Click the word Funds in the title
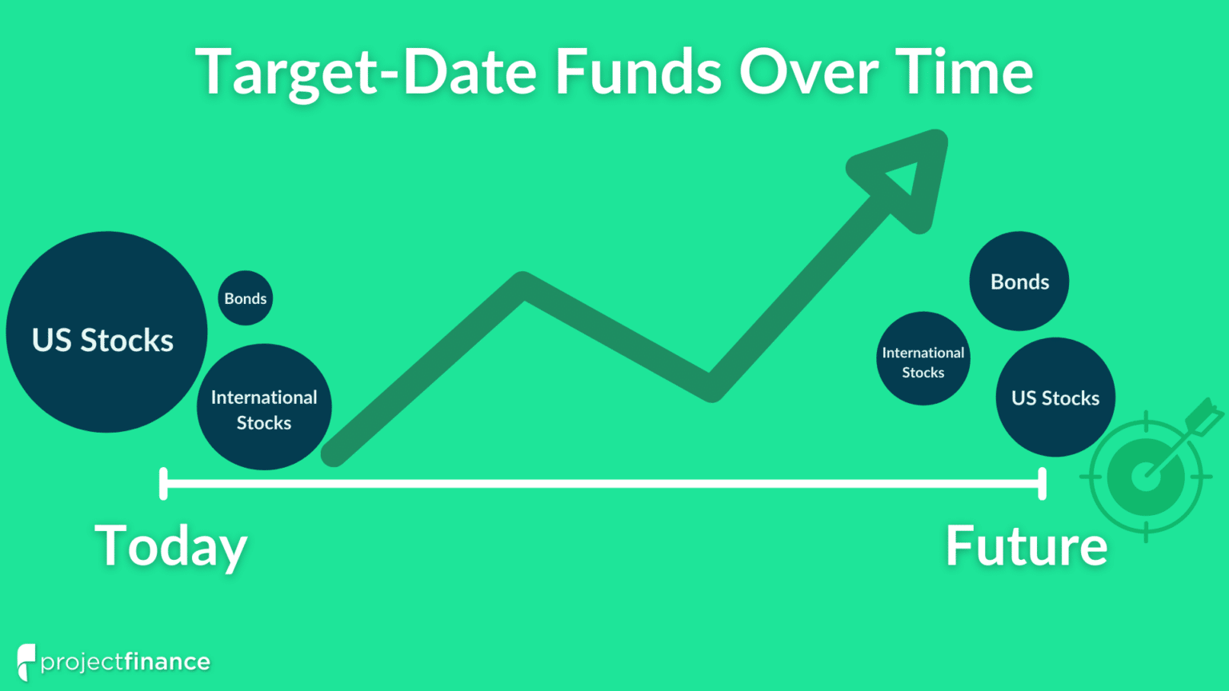click(639, 72)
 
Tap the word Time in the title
click(963, 72)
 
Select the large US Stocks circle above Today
click(106, 333)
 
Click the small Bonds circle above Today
click(246, 298)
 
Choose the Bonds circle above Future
click(1019, 282)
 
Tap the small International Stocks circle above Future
click(923, 359)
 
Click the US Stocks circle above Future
click(1055, 397)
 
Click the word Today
click(170, 547)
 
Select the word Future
click(1027, 547)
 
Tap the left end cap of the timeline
click(163, 484)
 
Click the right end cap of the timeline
click(1042, 484)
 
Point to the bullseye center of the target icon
click(1146, 477)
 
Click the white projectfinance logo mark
click(26, 661)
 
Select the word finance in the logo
click(167, 662)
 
